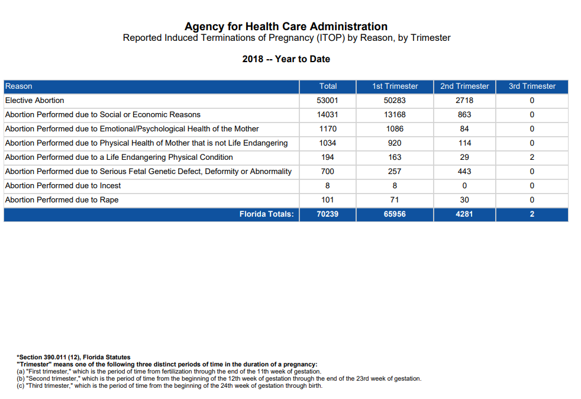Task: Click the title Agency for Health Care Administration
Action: point(286,27)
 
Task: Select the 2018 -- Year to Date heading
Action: point(286,59)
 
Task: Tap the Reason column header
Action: point(18,86)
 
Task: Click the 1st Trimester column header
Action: point(395,86)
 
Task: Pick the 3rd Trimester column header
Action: point(532,86)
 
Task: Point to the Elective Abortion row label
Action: point(34,101)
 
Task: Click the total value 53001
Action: point(328,101)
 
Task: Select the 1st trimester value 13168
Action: point(395,115)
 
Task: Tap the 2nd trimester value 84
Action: point(464,128)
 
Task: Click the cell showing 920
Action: point(395,143)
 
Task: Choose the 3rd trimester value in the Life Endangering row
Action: point(532,157)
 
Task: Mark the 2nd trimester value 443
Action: point(464,171)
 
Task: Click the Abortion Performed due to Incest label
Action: point(63,185)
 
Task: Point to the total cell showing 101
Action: point(328,200)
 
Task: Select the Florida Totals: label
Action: point(266,214)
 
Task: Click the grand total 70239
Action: point(328,214)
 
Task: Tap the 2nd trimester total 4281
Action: point(464,214)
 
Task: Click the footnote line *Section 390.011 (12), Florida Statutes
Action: point(73,357)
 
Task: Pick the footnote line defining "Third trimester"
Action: point(170,385)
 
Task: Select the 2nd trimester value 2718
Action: point(464,101)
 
